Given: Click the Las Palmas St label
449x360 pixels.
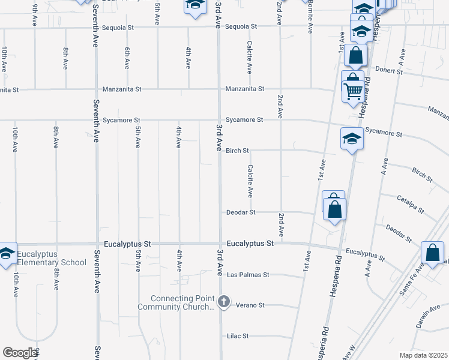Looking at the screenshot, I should tap(249, 275).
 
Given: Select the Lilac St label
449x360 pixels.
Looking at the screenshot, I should tap(237, 336).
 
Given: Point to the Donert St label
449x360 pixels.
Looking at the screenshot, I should tap(388, 70).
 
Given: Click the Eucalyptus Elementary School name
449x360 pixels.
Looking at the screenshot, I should tap(52, 258).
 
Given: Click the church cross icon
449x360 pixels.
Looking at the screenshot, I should tap(224, 301).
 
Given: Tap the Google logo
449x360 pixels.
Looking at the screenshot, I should tap(20, 353).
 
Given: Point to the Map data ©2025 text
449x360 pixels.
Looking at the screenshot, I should tap(423, 355).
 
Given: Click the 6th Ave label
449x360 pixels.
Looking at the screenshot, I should tap(127, 58).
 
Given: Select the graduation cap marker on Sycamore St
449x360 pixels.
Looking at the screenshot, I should tap(352, 139).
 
